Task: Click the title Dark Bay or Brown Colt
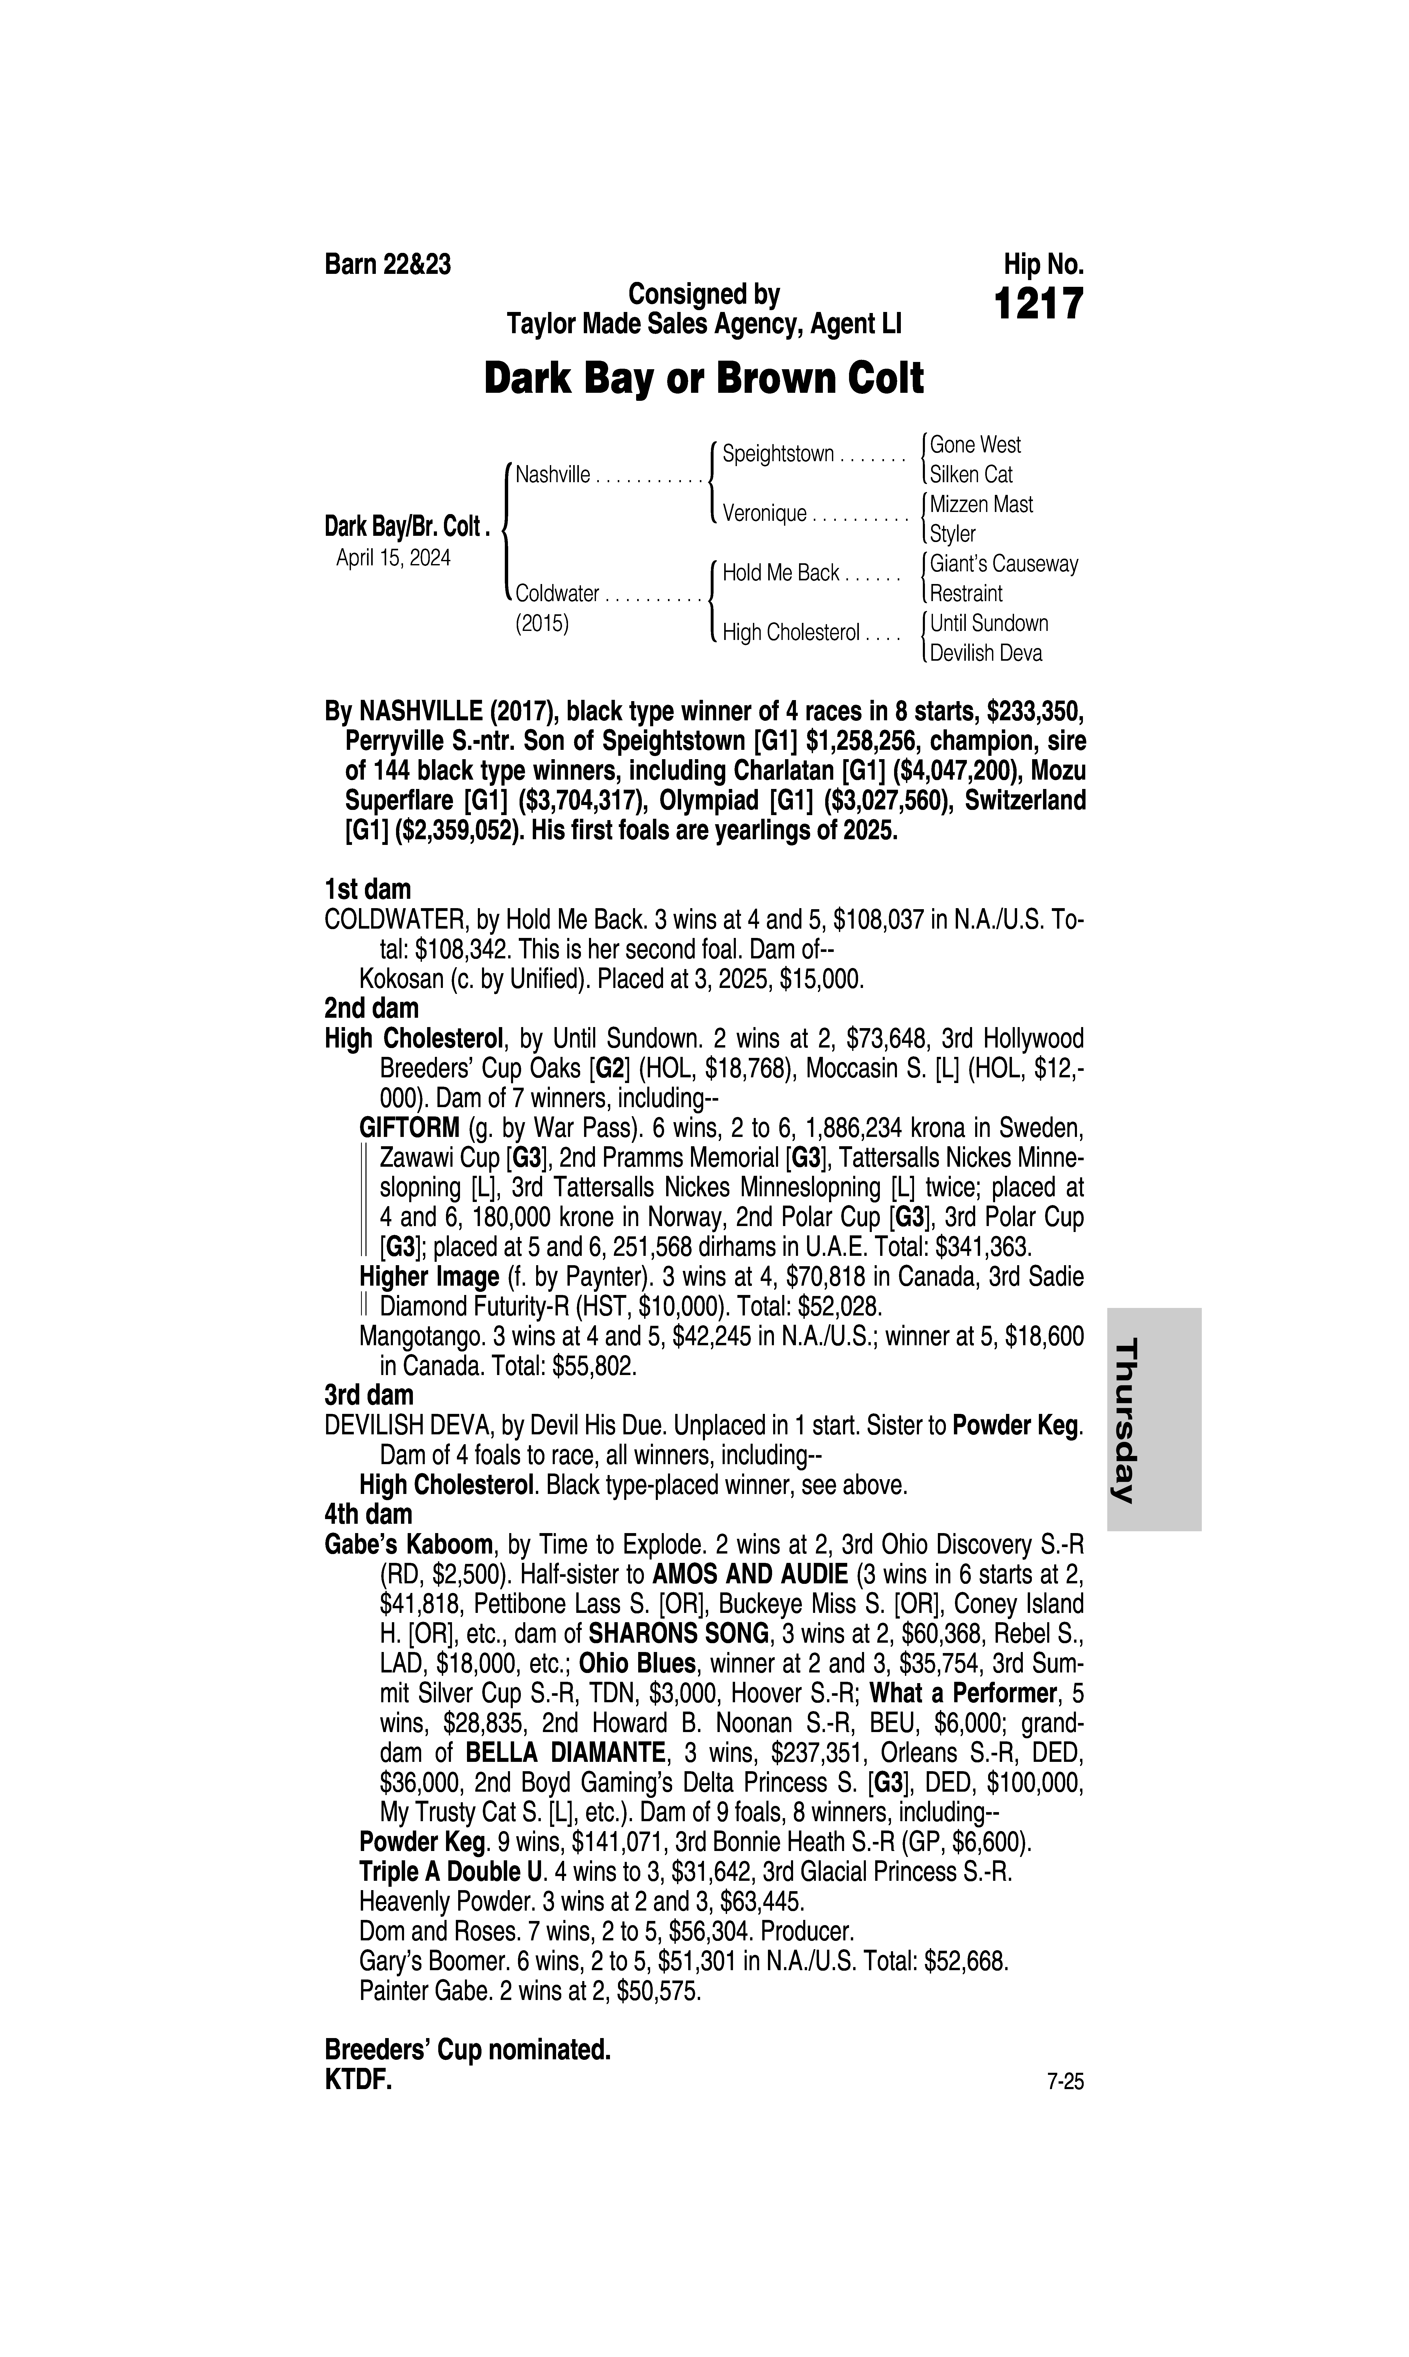(703, 379)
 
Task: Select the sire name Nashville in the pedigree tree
(552, 475)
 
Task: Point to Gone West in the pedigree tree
(975, 444)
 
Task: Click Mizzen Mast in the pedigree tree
(981, 504)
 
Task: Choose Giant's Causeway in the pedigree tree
(1004, 564)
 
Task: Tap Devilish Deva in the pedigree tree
(986, 653)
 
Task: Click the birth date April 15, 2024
(393, 557)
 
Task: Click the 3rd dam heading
(369, 1395)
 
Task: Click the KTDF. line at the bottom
(358, 2080)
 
